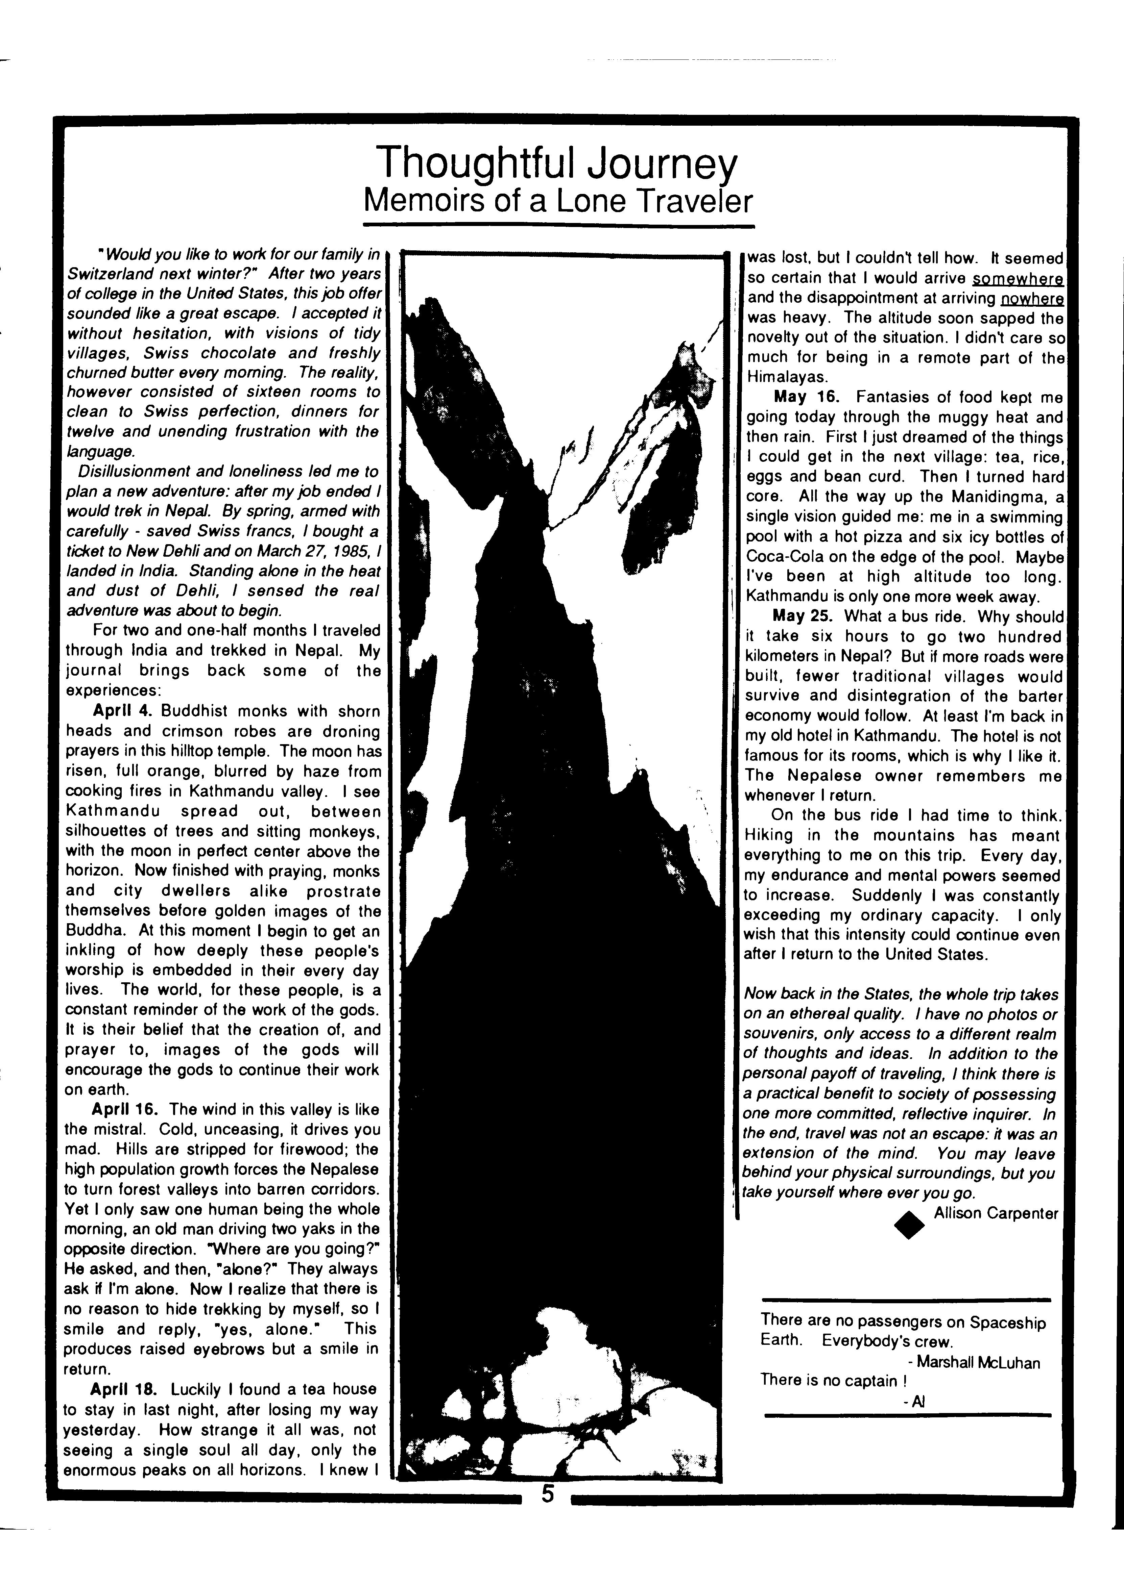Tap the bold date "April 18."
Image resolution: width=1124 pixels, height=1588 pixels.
127,1389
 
